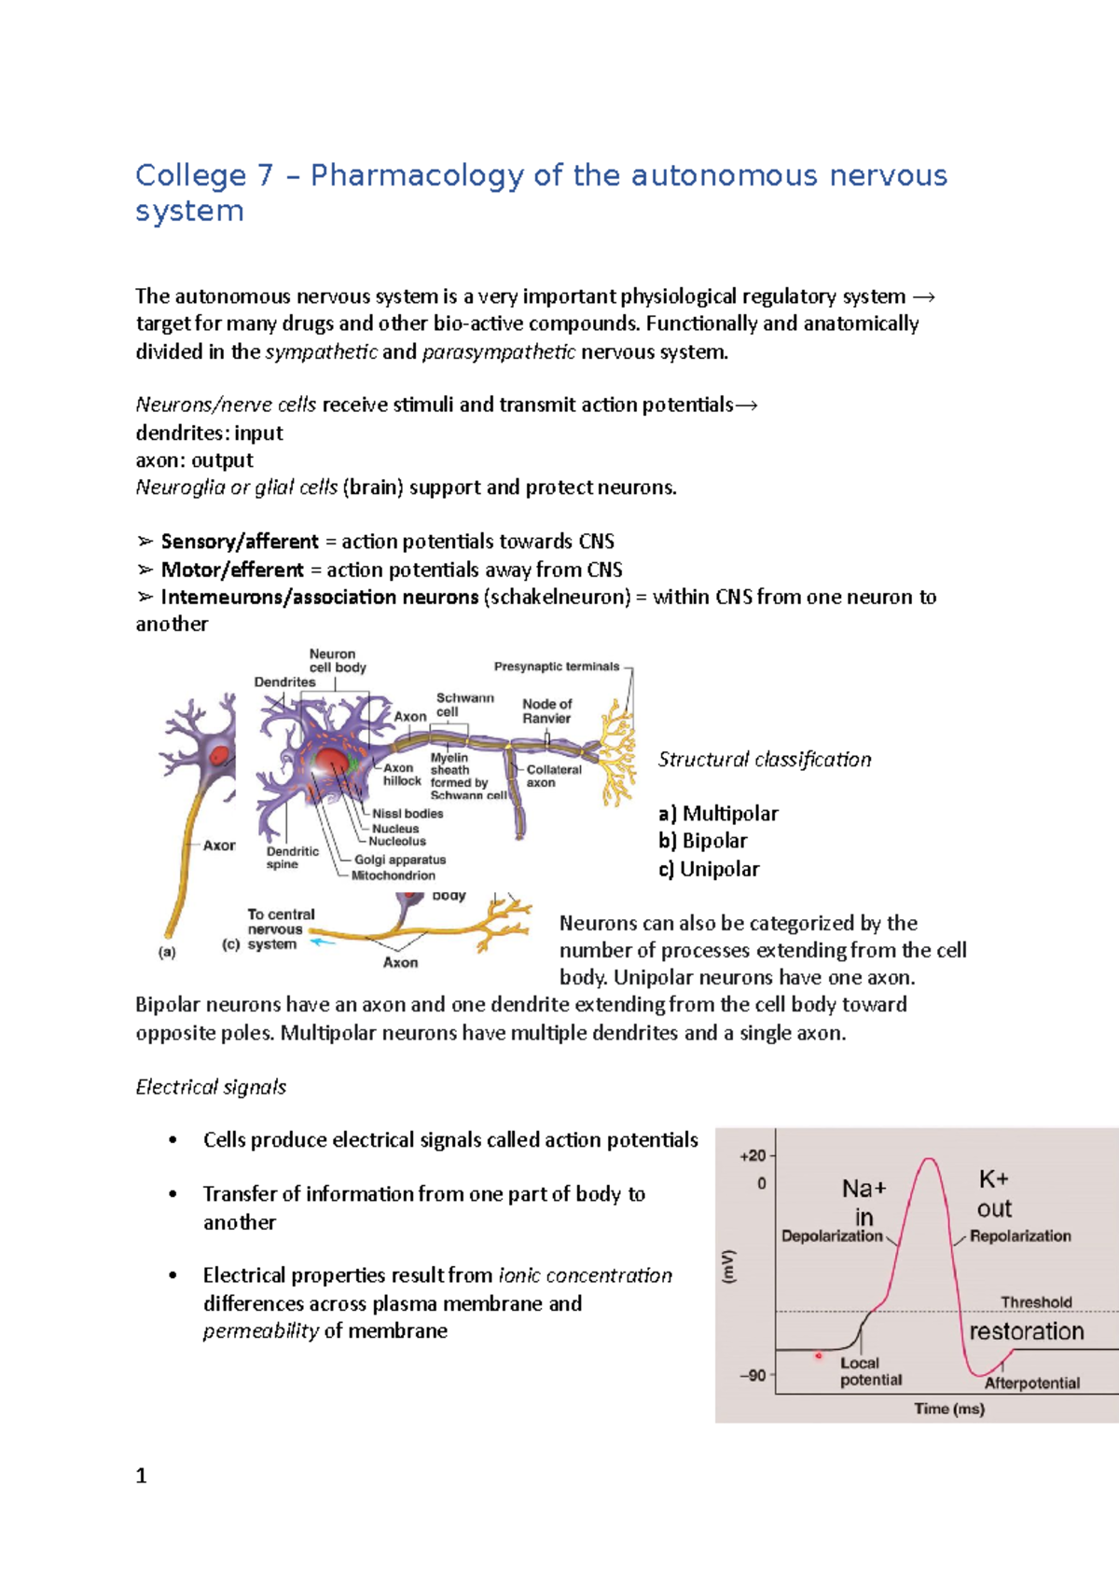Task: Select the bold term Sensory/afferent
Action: [240, 542]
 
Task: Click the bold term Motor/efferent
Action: [232, 570]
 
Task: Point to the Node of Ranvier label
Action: [547, 711]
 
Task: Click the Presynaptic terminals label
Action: [557, 667]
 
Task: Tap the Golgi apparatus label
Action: [400, 860]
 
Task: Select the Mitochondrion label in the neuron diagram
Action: [393, 875]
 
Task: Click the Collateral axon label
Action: [554, 776]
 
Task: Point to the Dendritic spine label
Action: [292, 858]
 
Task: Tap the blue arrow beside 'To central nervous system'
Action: [322, 943]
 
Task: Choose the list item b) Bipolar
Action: [703, 841]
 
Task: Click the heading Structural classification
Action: [765, 760]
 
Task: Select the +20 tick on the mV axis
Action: [753, 1156]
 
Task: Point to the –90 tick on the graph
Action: [753, 1375]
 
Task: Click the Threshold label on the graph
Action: [1036, 1301]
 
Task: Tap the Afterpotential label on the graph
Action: [1031, 1383]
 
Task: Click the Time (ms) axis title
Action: [948, 1409]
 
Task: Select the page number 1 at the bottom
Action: [142, 1476]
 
